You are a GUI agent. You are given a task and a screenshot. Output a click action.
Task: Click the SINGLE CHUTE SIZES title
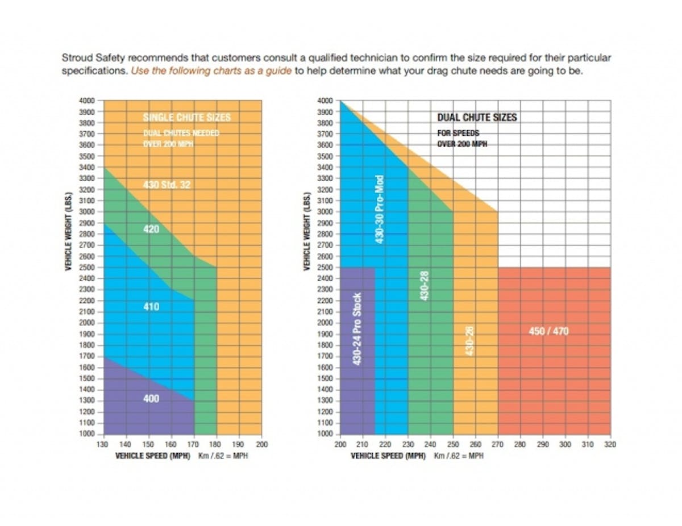(186, 118)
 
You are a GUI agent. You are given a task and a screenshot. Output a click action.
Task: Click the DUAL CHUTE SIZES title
(477, 118)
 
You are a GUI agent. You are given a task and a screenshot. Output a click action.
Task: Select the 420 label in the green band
(151, 230)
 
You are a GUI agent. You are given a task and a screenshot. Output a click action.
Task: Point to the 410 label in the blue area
(151, 307)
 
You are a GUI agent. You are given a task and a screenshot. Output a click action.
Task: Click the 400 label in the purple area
(151, 399)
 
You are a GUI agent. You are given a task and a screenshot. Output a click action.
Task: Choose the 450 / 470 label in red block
(548, 331)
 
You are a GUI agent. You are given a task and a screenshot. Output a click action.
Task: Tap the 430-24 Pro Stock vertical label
(357, 328)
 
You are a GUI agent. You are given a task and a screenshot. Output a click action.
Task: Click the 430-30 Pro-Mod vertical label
(380, 209)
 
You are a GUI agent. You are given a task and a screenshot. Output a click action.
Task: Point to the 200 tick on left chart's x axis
(262, 445)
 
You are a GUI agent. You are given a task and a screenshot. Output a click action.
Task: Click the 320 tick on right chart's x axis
(610, 445)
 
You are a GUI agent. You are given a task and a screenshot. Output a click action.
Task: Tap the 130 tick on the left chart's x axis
(103, 445)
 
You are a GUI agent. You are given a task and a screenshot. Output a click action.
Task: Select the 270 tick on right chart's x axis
(498, 445)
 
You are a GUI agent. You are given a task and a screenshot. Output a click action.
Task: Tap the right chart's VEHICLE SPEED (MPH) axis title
(388, 456)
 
